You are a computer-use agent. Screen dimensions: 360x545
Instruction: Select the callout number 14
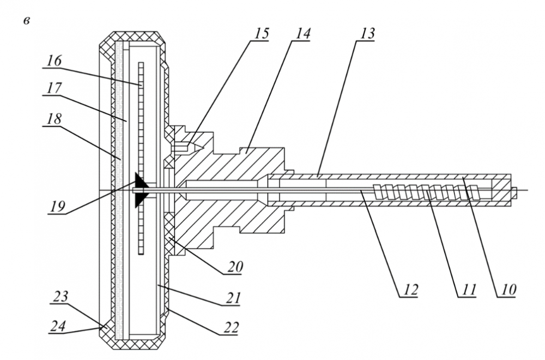[302, 33]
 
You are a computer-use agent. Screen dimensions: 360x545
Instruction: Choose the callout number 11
[468, 289]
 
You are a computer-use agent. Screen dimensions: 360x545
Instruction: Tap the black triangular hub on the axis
[141, 189]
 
